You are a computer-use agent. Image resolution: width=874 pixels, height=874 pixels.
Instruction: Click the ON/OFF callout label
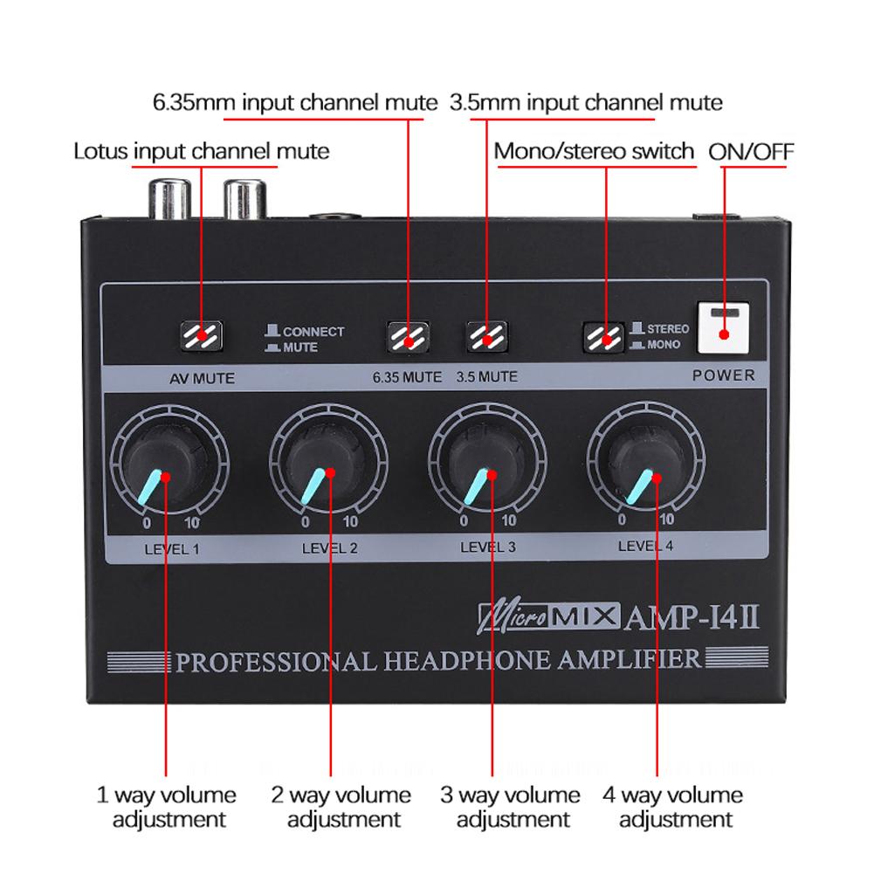[x=751, y=151]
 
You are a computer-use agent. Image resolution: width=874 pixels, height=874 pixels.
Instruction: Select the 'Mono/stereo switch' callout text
[x=594, y=151]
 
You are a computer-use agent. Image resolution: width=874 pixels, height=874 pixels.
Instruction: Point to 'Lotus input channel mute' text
[x=201, y=151]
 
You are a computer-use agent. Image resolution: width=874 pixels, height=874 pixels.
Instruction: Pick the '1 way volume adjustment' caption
[x=166, y=807]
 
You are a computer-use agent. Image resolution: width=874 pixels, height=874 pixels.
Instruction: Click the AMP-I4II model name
[x=694, y=617]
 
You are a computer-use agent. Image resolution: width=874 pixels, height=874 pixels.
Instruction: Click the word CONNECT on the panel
[x=313, y=332]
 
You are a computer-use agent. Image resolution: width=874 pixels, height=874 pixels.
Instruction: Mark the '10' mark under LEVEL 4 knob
[x=667, y=520]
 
